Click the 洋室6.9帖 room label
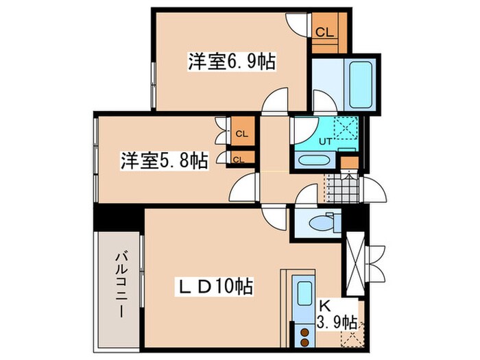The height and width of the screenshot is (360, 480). coord(231,62)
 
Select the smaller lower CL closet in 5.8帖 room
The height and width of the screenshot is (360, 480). coord(238,160)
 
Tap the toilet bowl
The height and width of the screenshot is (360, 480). coord(319,223)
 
